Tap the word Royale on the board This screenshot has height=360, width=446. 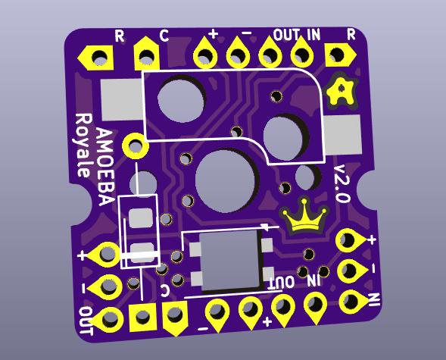pyautogui.click(x=83, y=146)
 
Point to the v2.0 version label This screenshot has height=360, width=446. pyautogui.click(x=342, y=183)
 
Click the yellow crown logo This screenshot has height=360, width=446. pyautogui.click(x=304, y=215)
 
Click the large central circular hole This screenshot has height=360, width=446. pyautogui.click(x=225, y=181)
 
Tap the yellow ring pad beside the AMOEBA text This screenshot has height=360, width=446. pyautogui.click(x=136, y=146)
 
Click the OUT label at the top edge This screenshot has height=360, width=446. pyautogui.click(x=286, y=35)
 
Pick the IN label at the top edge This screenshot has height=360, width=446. pyautogui.click(x=313, y=34)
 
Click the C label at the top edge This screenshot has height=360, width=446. pyautogui.click(x=164, y=36)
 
